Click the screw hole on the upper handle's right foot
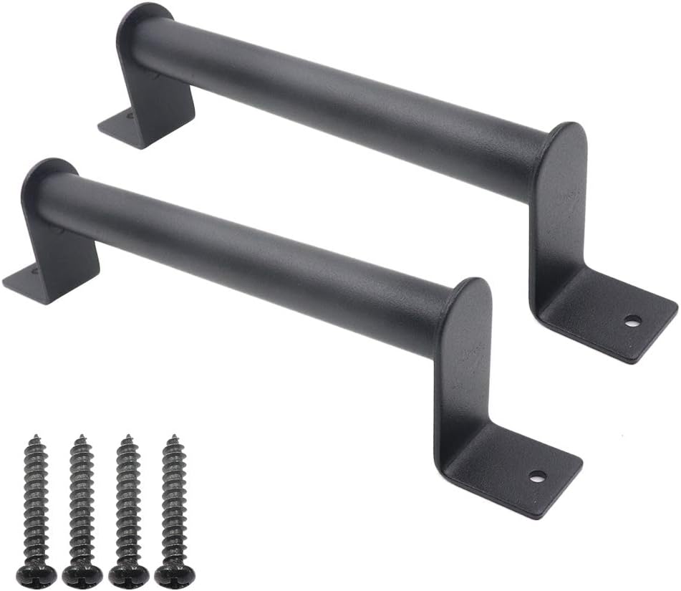(x=632, y=321)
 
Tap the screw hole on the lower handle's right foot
(x=537, y=475)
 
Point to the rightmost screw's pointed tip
(x=172, y=436)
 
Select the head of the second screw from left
(x=81, y=573)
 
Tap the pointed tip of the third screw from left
(x=127, y=437)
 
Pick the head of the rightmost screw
(x=173, y=573)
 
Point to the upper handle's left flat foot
(x=122, y=129)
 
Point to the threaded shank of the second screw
(x=81, y=501)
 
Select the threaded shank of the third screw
(x=127, y=501)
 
